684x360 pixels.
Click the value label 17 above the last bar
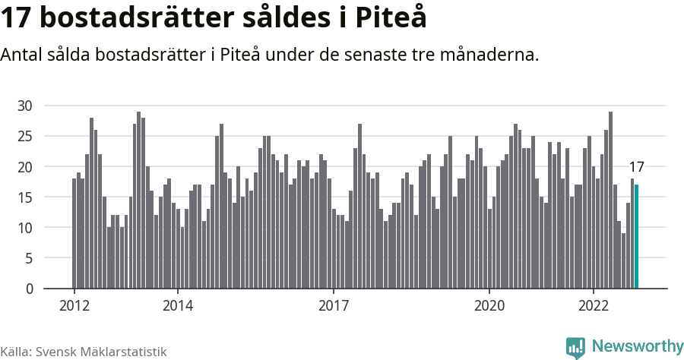[x=637, y=167]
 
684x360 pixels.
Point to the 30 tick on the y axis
[x=25, y=106]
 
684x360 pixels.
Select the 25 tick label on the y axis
[x=25, y=136]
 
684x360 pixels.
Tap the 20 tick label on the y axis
[x=25, y=166]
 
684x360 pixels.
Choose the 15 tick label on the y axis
[x=25, y=197]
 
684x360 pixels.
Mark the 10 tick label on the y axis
[x=25, y=228]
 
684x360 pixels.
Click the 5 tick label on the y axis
[x=29, y=258]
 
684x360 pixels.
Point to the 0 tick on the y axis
[x=29, y=289]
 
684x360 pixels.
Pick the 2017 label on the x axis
[x=334, y=306]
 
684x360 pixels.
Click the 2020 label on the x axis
[x=489, y=306]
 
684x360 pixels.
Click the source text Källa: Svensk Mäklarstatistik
[x=84, y=352]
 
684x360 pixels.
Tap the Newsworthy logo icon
[x=575, y=347]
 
